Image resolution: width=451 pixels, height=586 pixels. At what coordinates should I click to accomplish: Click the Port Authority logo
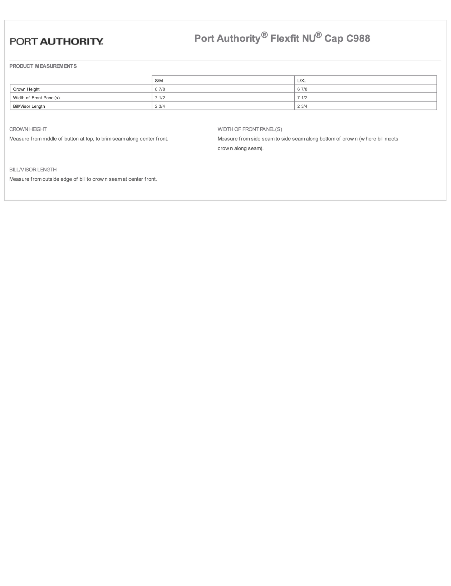(56, 42)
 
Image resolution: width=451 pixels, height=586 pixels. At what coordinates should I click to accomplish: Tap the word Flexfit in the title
(285, 38)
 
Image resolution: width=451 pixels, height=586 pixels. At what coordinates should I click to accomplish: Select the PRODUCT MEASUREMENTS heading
(43, 66)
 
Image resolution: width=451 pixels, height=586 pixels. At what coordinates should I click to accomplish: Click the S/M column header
(159, 81)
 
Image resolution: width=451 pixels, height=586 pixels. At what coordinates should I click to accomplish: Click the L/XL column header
(301, 81)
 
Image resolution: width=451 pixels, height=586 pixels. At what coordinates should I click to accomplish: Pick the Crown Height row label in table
(26, 89)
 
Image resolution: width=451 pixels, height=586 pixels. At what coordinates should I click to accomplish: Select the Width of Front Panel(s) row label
(36, 98)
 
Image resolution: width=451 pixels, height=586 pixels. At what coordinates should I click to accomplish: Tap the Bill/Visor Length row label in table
(29, 106)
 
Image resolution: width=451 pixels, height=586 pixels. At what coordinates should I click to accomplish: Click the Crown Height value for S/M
(160, 89)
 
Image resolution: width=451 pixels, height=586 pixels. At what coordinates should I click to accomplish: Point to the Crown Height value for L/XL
(302, 89)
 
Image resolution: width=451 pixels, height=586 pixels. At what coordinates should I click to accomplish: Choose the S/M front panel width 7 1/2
(160, 98)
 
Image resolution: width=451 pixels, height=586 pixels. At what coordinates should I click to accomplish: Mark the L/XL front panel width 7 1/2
(302, 98)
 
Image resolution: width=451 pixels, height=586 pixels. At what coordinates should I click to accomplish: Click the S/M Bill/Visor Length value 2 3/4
(160, 106)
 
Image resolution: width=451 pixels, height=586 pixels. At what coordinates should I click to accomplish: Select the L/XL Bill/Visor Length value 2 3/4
(302, 106)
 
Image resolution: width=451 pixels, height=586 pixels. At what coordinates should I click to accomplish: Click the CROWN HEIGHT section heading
(28, 129)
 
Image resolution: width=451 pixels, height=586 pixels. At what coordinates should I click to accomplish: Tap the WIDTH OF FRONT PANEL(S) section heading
(250, 129)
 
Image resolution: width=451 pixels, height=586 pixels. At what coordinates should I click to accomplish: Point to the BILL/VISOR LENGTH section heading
(33, 170)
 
